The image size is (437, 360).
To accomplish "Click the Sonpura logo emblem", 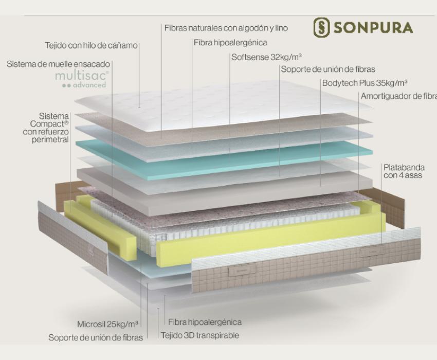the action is click(321, 27).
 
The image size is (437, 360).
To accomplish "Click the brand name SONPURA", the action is click(373, 28).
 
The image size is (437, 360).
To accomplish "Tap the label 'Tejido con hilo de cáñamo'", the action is click(92, 45).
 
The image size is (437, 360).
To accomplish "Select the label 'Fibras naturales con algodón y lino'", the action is click(226, 28).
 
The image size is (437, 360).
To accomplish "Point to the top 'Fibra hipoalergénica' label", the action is click(230, 43).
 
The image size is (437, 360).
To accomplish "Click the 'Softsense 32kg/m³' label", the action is click(267, 57).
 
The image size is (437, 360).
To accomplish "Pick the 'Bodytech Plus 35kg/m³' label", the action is click(365, 83).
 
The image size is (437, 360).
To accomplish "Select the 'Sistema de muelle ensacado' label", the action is click(58, 64).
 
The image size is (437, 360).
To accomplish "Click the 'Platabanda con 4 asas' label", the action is click(404, 171).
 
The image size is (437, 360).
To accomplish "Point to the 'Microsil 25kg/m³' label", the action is click(107, 324).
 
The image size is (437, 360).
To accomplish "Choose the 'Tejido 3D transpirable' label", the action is click(200, 335).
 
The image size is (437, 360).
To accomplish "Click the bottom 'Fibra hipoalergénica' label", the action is click(205, 322).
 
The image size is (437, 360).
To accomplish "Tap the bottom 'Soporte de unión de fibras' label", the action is click(96, 337).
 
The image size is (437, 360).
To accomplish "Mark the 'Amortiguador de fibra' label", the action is click(399, 96).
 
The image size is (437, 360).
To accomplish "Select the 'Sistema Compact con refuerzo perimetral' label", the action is click(46, 128).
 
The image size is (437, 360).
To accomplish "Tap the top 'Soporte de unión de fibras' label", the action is click(328, 69).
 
